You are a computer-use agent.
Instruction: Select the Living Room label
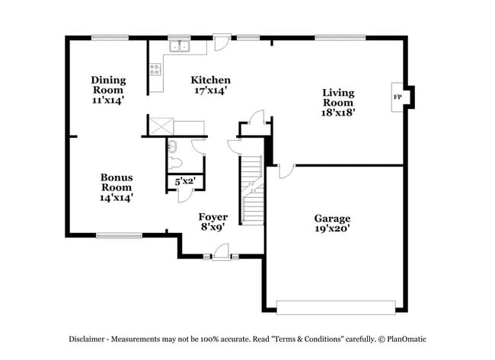[x=338, y=98]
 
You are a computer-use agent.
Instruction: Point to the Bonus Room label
[x=117, y=187]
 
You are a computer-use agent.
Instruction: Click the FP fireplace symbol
[x=398, y=97]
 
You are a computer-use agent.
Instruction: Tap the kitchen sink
[x=180, y=46]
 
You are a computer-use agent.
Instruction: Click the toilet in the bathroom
[x=175, y=162]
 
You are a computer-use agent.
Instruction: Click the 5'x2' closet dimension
[x=186, y=182]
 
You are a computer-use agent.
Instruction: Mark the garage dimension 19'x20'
[x=332, y=228]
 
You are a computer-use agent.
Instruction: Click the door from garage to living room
[x=283, y=170]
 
